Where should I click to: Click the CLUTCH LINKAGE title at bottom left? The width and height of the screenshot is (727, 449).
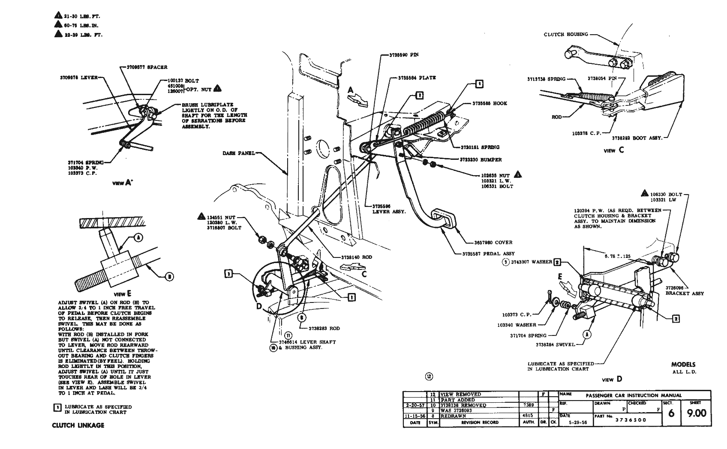78,425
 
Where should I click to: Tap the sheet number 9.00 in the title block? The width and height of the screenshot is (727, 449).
696,413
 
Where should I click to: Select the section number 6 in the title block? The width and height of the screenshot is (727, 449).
671,413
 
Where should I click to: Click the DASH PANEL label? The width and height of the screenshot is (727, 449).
239,153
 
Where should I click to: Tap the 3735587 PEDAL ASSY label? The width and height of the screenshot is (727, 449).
488,253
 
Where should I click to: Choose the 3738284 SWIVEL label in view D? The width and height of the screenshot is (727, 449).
556,344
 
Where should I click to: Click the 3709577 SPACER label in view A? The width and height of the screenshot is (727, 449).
147,67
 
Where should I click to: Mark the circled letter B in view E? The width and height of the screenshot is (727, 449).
169,277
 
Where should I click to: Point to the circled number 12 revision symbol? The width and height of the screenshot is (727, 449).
429,377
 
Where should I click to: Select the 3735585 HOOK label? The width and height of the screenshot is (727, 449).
490,103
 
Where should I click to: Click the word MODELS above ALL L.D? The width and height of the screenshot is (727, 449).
683,365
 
